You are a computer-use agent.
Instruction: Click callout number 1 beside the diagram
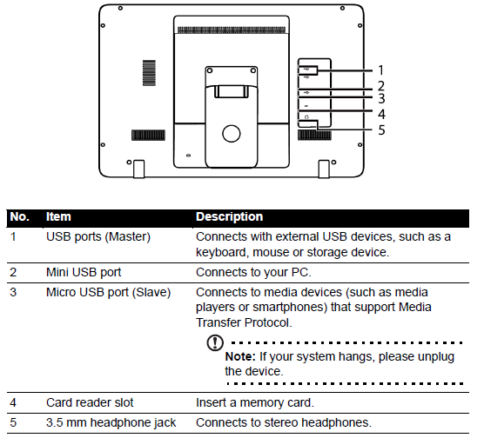click(381, 70)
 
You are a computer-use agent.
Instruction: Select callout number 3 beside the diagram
click(381, 98)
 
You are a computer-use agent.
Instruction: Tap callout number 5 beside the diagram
click(381, 130)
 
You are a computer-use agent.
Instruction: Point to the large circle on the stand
click(232, 134)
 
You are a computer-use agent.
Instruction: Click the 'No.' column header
click(19, 216)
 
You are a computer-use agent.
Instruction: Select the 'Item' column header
click(58, 216)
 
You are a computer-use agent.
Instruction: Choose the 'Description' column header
click(229, 216)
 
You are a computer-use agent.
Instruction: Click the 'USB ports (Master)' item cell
click(98, 236)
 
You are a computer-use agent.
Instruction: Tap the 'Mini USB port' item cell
click(84, 273)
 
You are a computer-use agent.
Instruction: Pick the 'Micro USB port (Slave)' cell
click(108, 292)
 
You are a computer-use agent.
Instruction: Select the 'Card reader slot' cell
click(90, 402)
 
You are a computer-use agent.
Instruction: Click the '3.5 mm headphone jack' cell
click(111, 422)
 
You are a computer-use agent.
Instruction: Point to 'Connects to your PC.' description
click(253, 273)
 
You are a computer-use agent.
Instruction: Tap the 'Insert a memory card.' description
click(255, 402)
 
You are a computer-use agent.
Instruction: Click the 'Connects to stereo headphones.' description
click(284, 422)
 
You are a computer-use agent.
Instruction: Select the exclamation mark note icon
click(215, 342)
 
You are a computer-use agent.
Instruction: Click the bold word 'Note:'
click(240, 356)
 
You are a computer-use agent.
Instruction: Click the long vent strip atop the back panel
click(232, 30)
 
